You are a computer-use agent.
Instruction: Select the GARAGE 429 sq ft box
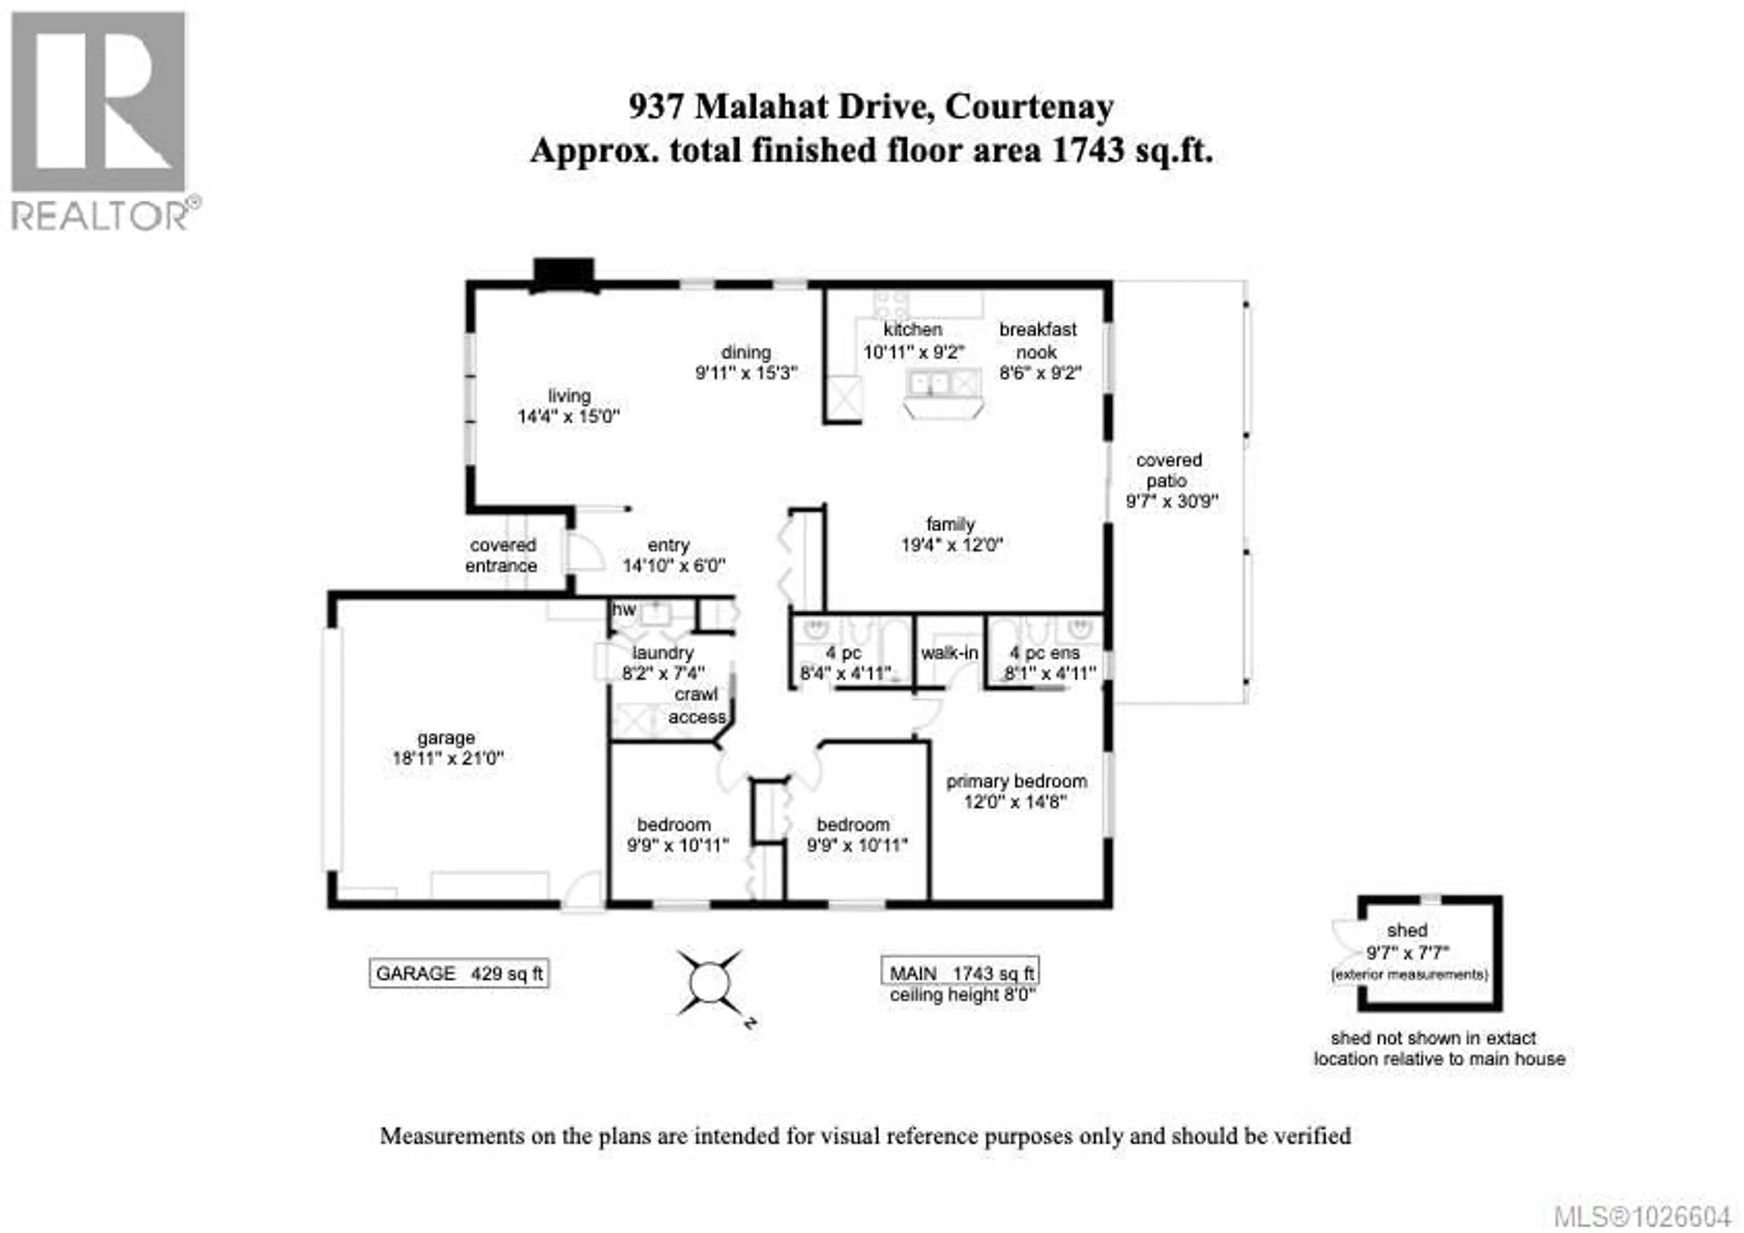pyautogui.click(x=459, y=974)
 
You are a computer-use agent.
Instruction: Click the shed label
pyautogui.click(x=1407, y=930)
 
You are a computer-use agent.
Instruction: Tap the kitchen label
pyautogui.click(x=912, y=330)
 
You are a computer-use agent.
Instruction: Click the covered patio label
pyautogui.click(x=1168, y=471)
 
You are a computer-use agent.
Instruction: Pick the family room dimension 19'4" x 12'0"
pyautogui.click(x=952, y=545)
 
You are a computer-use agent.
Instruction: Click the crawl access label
pyautogui.click(x=697, y=706)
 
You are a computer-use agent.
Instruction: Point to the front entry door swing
pyautogui.click(x=583, y=552)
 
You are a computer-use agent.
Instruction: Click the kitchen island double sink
pyautogui.click(x=931, y=383)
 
